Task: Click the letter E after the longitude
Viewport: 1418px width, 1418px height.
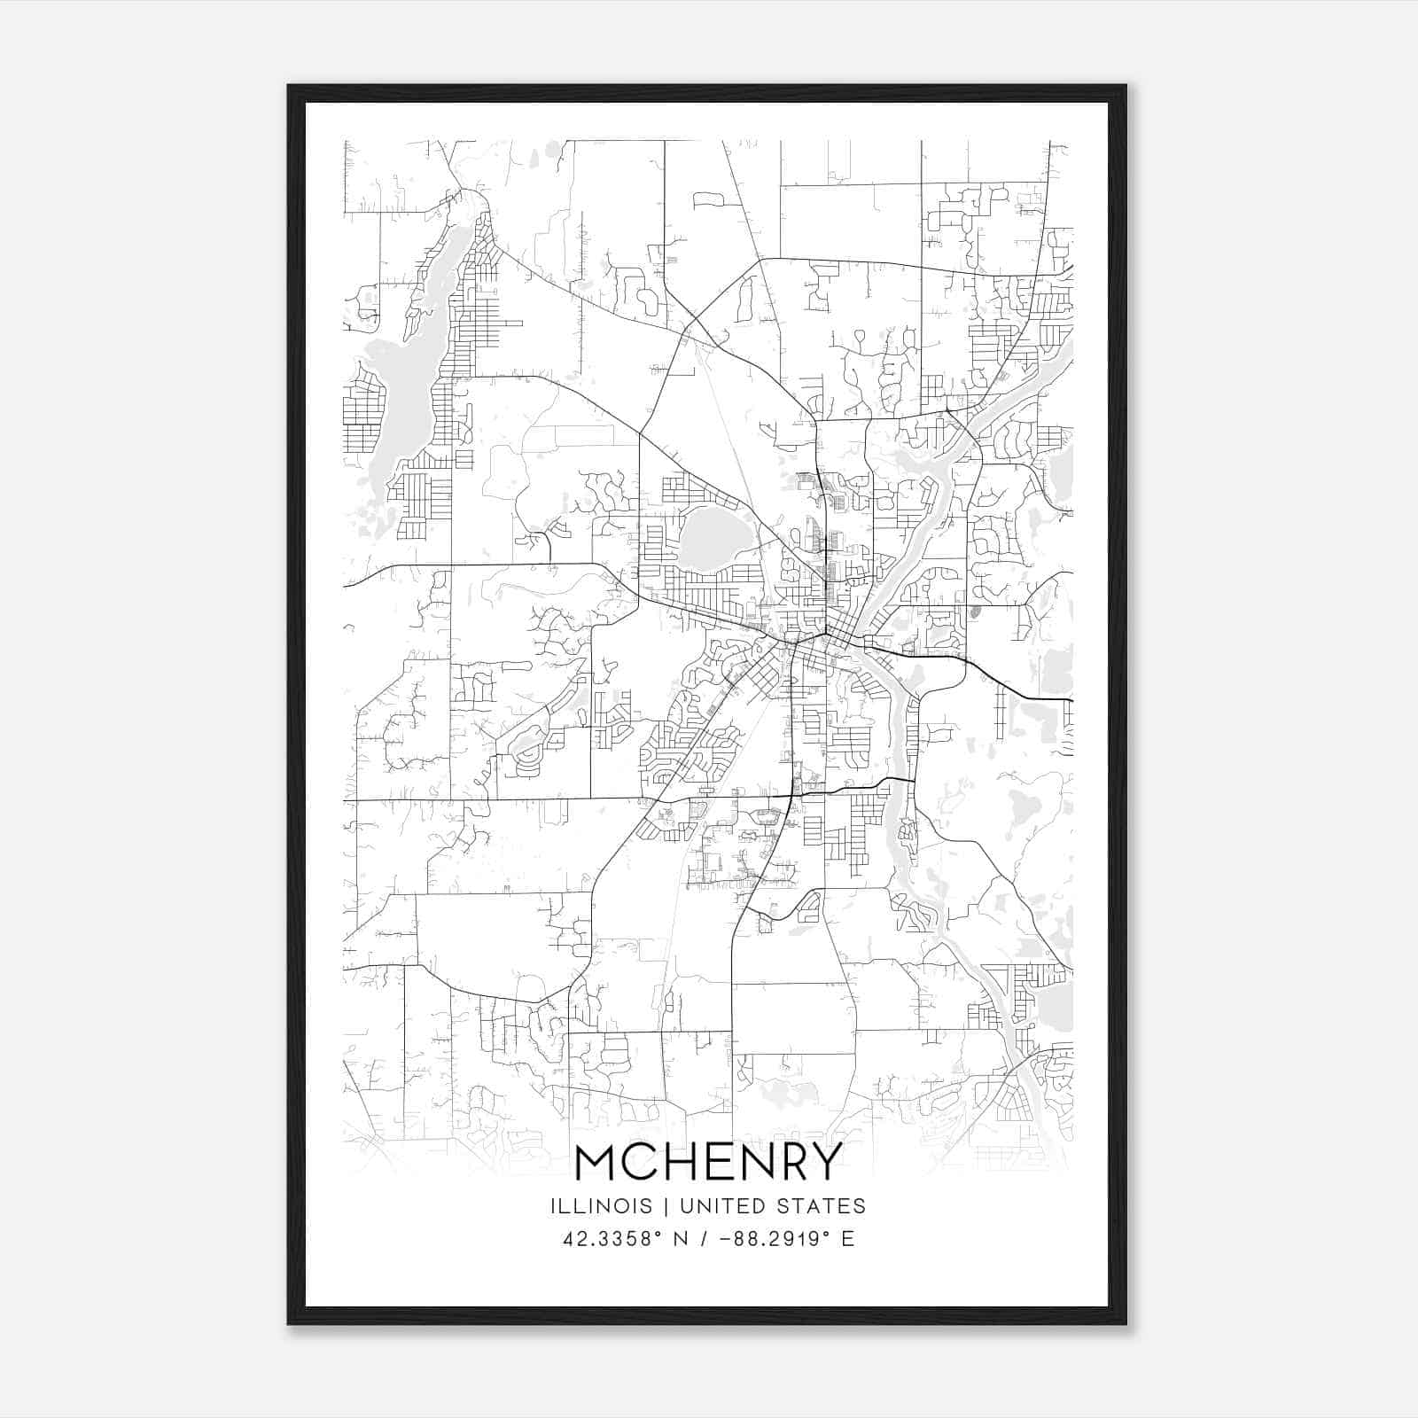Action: click(x=848, y=1239)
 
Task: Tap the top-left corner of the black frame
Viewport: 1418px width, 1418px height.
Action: click(x=290, y=87)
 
